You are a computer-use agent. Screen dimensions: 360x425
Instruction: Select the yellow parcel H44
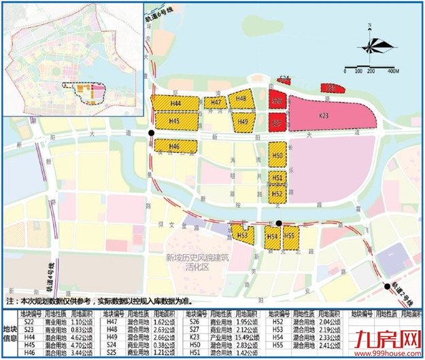[x=175, y=103]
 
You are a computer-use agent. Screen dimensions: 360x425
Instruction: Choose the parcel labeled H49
[x=243, y=122]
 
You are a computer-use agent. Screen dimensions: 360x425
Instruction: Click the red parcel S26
[x=276, y=101]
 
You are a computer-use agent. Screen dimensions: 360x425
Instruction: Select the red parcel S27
[x=276, y=123]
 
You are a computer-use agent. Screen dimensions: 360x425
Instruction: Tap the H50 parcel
[x=276, y=157]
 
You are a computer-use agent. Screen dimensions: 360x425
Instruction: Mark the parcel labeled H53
[x=242, y=235]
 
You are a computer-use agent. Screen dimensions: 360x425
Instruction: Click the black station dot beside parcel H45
[x=150, y=132]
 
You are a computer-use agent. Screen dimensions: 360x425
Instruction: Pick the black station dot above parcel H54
[x=279, y=222]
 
